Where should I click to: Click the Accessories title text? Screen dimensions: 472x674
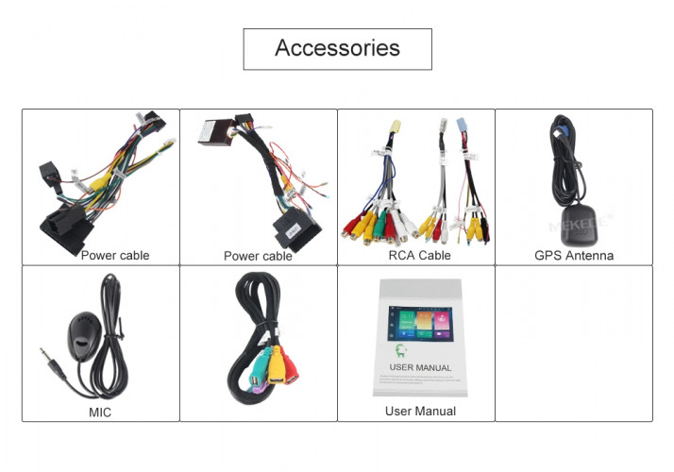337,48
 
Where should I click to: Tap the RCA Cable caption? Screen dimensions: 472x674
419,255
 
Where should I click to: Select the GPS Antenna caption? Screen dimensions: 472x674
573,255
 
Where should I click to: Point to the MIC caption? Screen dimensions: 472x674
100,413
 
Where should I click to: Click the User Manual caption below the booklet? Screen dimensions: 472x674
420,411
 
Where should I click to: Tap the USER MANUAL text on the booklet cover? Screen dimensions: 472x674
420,367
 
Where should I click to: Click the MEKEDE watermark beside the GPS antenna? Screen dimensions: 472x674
579,227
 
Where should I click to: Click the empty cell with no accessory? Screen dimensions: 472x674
573,343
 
